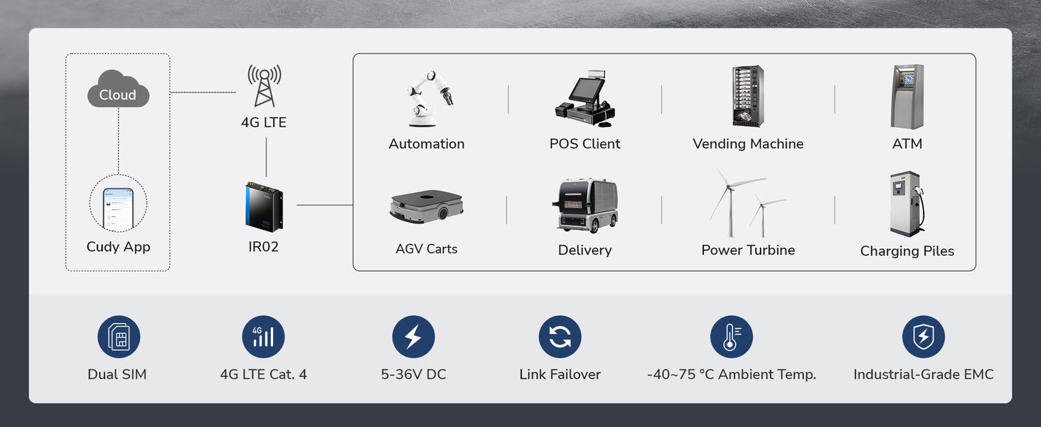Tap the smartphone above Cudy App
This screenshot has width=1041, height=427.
[x=118, y=208]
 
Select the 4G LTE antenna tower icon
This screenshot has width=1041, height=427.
[x=264, y=85]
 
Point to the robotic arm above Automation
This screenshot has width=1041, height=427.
[x=429, y=97]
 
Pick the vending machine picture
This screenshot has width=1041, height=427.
[x=748, y=97]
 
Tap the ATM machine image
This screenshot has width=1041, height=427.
[x=907, y=97]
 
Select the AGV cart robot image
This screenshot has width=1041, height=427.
[x=427, y=206]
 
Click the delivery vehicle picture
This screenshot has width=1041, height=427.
[x=585, y=206]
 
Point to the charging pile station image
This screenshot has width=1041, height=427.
[x=907, y=204]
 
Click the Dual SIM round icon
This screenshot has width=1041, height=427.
[x=119, y=337]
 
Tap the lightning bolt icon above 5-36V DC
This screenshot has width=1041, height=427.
[x=413, y=337]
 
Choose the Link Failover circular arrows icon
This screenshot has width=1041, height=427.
[x=560, y=337]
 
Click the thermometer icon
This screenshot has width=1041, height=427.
[x=731, y=337]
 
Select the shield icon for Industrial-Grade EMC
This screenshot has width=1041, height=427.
[x=923, y=337]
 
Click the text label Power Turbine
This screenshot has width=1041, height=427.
[x=748, y=251]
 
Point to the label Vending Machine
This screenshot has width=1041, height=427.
[x=748, y=144]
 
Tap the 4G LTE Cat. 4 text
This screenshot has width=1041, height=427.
[x=263, y=374]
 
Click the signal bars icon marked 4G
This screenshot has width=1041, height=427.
[x=263, y=337]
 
